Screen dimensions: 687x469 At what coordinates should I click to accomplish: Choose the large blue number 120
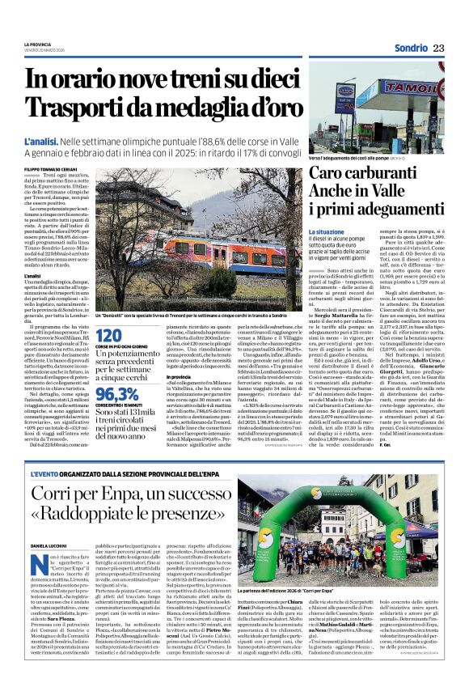[109, 335]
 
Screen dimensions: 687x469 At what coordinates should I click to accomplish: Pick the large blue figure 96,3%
[115, 394]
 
